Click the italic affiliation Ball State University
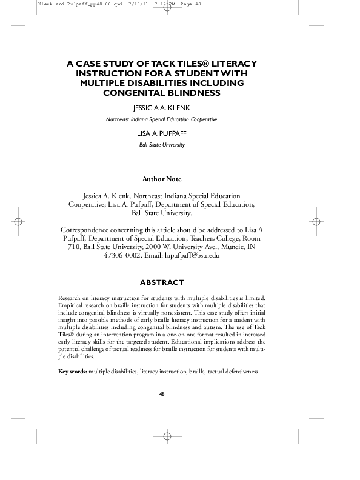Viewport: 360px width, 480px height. tap(161, 145)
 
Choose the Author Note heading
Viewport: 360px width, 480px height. tap(161, 179)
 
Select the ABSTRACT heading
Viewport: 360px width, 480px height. tap(161, 282)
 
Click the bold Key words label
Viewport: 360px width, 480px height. tap(72, 370)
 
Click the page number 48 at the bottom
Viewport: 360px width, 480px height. tap(162, 394)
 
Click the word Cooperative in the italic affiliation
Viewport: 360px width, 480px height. tap(201, 119)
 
